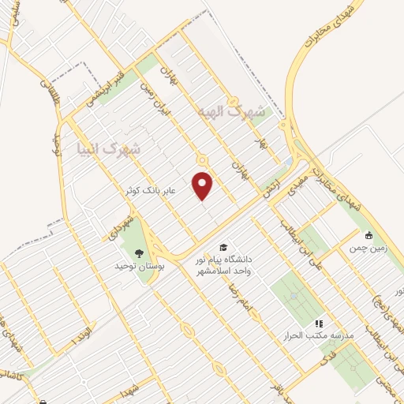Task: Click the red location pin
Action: (x=204, y=185)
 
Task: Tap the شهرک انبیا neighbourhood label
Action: (x=109, y=148)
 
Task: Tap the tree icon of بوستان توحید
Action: (x=139, y=253)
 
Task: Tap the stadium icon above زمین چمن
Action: (x=368, y=234)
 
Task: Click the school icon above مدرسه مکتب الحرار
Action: (x=319, y=324)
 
